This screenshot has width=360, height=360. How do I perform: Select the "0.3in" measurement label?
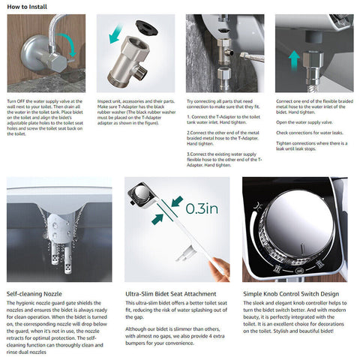click(201, 208)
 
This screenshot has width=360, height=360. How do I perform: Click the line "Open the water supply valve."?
click(304, 121)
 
